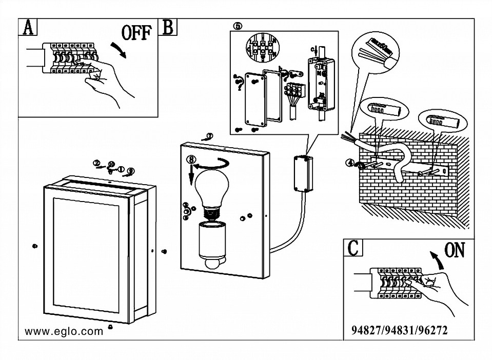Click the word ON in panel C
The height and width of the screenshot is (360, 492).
454,250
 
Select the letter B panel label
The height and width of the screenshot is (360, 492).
168,27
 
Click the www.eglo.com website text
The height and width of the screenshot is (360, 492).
64,331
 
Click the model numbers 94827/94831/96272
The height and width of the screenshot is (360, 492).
400,330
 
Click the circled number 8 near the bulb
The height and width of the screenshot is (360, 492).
191,159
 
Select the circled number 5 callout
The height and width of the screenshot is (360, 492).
237,26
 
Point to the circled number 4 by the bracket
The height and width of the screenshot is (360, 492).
350,163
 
